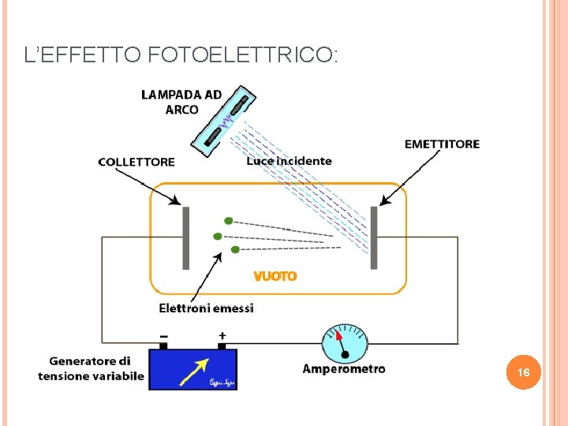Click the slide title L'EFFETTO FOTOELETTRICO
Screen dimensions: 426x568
pyautogui.click(x=181, y=55)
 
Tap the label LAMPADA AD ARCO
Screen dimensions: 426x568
pyautogui.click(x=181, y=102)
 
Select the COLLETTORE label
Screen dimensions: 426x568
pyautogui.click(x=136, y=162)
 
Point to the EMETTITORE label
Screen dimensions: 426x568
pyautogui.click(x=442, y=144)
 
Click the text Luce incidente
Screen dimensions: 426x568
pyautogui.click(x=289, y=161)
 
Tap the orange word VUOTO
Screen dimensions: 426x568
pyautogui.click(x=275, y=276)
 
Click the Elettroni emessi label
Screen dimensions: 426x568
pyautogui.click(x=206, y=308)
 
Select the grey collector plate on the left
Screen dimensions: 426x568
pyautogui.click(x=186, y=237)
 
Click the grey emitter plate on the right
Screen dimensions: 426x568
pyautogui.click(x=374, y=237)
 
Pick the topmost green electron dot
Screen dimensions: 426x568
pyautogui.click(x=228, y=221)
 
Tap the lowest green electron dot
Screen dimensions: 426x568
pyautogui.click(x=235, y=249)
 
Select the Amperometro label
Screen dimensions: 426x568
pyautogui.click(x=344, y=368)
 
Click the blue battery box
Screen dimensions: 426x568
pyautogui.click(x=193, y=369)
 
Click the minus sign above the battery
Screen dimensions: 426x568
pyautogui.click(x=164, y=334)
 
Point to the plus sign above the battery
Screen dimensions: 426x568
pyautogui.click(x=222, y=334)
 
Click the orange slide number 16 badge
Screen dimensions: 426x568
pyautogui.click(x=523, y=372)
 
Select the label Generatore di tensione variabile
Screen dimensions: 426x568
pyautogui.click(x=92, y=368)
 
